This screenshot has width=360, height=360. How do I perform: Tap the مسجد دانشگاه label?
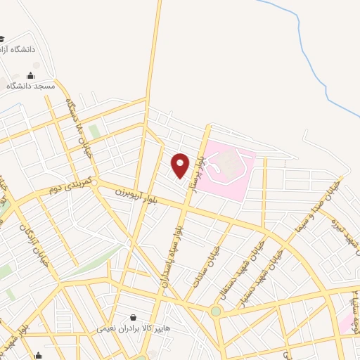[x=30, y=85]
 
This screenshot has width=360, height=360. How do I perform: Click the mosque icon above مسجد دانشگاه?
[x=30, y=75]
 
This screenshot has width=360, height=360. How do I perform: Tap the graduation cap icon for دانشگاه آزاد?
[x=2, y=39]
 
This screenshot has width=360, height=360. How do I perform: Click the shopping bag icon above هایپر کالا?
[x=133, y=318]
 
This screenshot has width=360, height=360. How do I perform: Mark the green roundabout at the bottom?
[x=215, y=311]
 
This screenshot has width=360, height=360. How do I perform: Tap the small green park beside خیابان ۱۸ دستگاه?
[x=94, y=131]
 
